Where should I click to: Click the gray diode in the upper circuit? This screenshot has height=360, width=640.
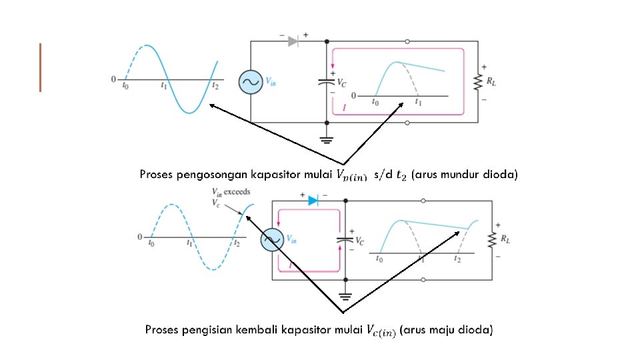(x=293, y=41)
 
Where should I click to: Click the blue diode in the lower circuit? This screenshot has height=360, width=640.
(x=314, y=200)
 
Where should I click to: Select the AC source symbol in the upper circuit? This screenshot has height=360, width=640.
(x=251, y=82)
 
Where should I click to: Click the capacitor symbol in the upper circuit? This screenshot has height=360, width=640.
(x=326, y=82)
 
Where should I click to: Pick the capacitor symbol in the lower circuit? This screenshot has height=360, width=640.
(x=345, y=239)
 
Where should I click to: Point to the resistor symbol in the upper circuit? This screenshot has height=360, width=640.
(x=477, y=82)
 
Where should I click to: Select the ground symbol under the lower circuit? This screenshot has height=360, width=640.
(x=345, y=295)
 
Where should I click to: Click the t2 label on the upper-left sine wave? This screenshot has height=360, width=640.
(x=214, y=86)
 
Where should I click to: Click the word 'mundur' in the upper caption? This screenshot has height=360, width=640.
(x=461, y=175)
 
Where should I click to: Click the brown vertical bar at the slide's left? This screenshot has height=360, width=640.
(x=40, y=67)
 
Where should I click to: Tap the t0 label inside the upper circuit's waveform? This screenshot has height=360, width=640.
(x=375, y=102)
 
